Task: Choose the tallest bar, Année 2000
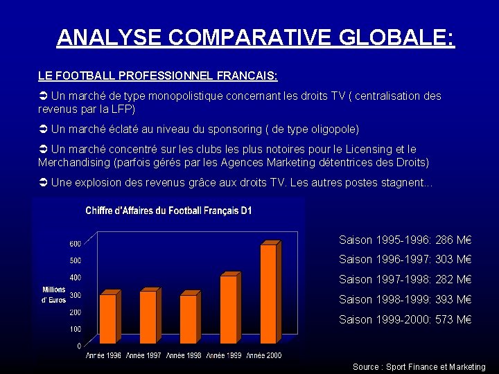pos(268,294)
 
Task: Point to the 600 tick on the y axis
pos(75,243)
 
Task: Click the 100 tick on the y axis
pos(75,329)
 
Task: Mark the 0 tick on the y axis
pos(78,346)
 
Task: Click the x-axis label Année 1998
pos(184,355)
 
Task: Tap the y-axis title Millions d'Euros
pos(54,294)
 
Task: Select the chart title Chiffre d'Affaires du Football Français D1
pos(168,211)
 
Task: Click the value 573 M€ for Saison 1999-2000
pos(454,320)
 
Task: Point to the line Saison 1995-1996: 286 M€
pos(405,240)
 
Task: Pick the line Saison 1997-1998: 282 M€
pos(405,280)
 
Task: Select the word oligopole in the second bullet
pos(329,129)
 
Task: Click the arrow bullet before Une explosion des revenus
pos(43,183)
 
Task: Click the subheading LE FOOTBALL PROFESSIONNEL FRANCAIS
pos(158,74)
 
